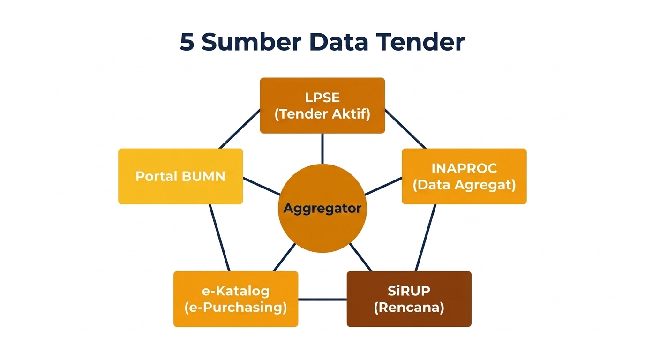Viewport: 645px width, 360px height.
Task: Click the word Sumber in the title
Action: coord(251,42)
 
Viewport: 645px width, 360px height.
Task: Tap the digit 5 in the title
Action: coord(187,42)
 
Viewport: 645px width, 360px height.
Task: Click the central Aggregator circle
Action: coord(322,208)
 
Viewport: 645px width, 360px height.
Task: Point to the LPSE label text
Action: coord(322,97)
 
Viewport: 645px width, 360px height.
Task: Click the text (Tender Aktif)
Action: coord(322,114)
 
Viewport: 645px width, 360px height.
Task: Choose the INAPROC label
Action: coord(464,168)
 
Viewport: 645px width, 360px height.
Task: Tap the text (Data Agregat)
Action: coord(464,185)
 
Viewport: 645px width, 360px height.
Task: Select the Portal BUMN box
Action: coord(180,176)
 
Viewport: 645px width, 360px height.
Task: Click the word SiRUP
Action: coord(409,291)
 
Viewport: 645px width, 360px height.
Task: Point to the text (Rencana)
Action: coord(409,307)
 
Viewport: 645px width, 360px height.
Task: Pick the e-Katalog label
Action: coord(236,291)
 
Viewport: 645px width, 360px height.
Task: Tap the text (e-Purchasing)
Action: coord(236,307)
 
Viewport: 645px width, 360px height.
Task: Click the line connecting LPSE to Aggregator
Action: coord(322,149)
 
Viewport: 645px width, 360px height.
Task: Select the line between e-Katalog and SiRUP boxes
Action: coord(322,299)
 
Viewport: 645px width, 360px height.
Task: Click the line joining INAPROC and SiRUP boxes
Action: coord(426,238)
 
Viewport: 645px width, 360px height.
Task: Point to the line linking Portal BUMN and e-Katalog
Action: coord(219,238)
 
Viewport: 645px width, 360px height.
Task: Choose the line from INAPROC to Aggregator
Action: coord(383,186)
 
